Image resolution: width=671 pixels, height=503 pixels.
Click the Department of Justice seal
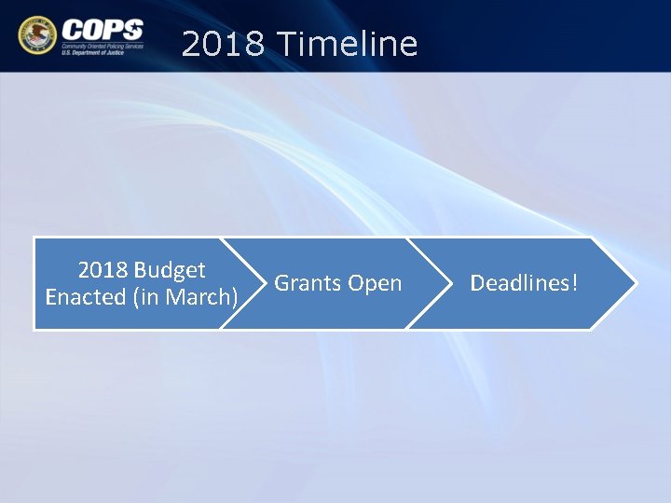[36, 35]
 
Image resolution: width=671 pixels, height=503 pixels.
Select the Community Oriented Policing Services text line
[103, 45]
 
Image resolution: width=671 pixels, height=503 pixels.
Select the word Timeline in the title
[348, 44]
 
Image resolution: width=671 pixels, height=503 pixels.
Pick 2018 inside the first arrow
[103, 270]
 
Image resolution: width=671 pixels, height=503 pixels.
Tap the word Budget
[170, 270]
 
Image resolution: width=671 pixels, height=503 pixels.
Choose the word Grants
[308, 283]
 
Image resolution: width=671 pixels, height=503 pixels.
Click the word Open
[375, 283]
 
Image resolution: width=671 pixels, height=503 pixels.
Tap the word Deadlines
[520, 283]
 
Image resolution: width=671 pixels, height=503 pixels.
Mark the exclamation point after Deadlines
[575, 283]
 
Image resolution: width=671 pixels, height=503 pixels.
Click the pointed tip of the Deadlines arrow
[636, 283]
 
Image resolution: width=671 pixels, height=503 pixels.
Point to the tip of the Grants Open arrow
[449, 283]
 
